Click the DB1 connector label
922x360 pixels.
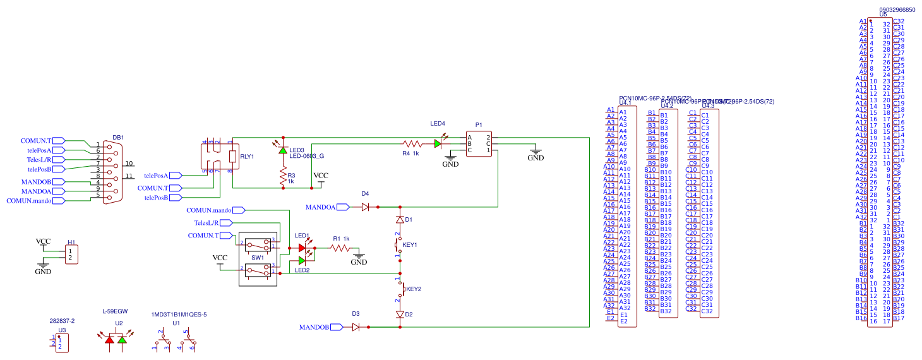click(118, 137)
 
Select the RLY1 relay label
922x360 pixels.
click(247, 156)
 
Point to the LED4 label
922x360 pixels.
click(438, 124)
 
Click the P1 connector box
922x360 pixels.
click(479, 143)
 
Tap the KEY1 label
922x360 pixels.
click(410, 244)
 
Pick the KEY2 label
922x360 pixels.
click(414, 289)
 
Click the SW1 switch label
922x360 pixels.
click(258, 258)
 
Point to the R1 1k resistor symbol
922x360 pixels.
click(341, 248)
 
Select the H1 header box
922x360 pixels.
click(71, 255)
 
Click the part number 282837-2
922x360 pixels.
click(62, 321)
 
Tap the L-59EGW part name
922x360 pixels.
click(115, 311)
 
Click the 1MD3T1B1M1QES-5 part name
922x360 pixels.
click(179, 315)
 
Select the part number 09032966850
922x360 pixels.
click(896, 10)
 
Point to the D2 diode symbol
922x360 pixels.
click(400, 314)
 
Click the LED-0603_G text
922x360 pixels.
click(307, 156)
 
